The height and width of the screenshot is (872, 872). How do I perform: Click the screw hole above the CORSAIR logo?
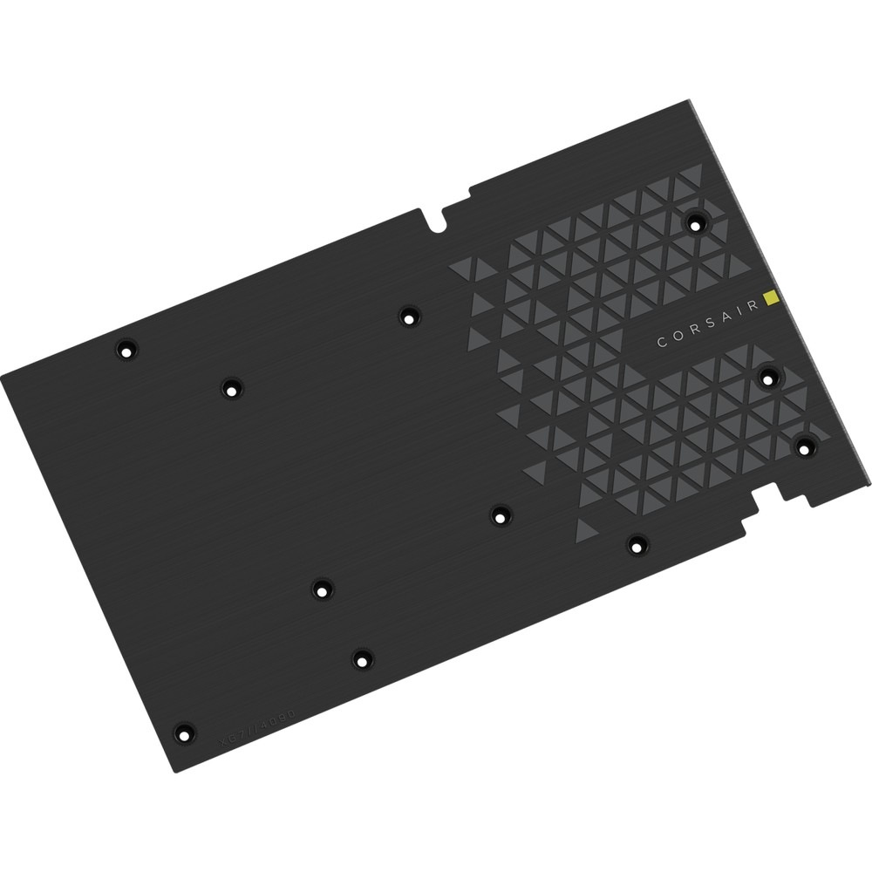pyautogui.click(x=694, y=222)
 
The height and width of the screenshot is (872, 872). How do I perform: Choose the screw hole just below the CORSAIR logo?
pyautogui.click(x=769, y=378)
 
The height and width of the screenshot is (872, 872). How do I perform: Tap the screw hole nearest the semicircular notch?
pyautogui.click(x=407, y=314)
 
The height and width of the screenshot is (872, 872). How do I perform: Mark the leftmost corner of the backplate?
pyautogui.click(x=3, y=375)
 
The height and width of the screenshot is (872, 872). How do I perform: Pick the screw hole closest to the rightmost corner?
pyautogui.click(x=803, y=446)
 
